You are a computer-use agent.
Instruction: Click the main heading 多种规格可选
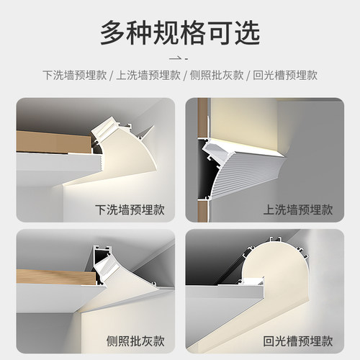180,32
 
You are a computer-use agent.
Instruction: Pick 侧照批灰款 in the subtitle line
217,75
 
